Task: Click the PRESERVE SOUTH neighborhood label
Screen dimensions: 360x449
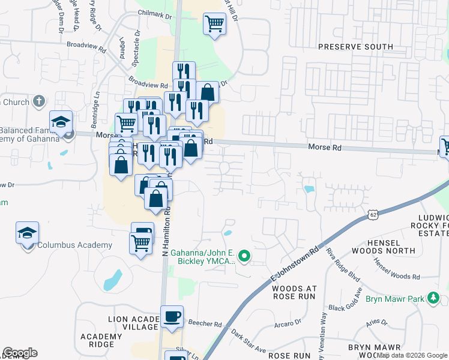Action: (355, 47)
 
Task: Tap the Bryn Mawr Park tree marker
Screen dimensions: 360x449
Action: (433, 298)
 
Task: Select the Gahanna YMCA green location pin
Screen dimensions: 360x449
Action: (244, 257)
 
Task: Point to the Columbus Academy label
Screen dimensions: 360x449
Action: (74, 245)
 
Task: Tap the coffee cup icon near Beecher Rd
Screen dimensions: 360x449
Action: (172, 316)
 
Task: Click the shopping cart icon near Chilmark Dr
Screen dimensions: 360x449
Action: (214, 24)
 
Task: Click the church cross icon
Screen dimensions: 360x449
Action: (39, 101)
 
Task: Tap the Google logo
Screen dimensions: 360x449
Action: (20, 353)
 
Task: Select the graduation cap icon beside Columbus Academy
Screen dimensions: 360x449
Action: (28, 232)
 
